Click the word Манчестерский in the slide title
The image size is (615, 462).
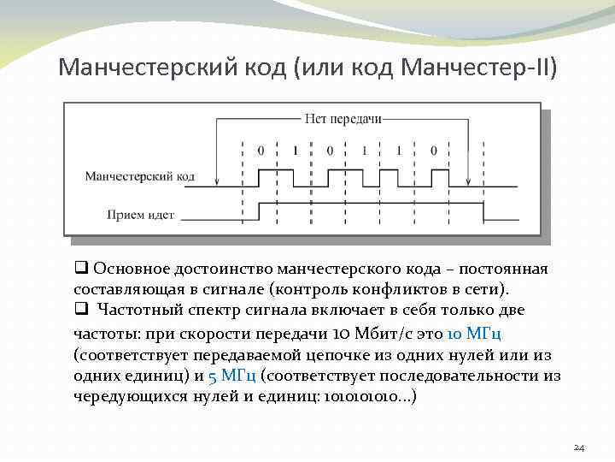[x=139, y=67]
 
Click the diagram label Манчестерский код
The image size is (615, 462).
[x=139, y=177]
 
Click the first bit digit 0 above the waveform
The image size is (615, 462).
[x=261, y=151]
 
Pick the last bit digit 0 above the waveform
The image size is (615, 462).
[x=433, y=151]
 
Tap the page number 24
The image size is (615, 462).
[x=578, y=447]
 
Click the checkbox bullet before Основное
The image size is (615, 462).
[x=80, y=269]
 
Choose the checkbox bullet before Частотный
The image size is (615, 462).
[x=80, y=310]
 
